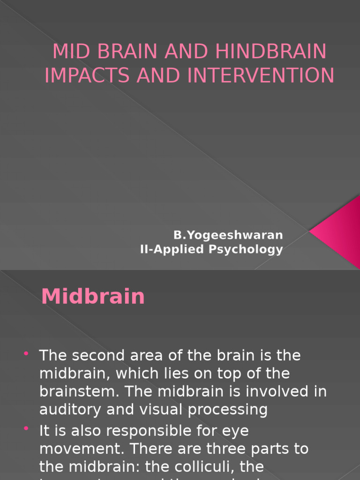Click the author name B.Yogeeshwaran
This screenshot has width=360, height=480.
point(228,234)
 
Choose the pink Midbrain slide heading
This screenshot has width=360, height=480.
point(93,297)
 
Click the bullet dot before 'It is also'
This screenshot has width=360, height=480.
point(26,428)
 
